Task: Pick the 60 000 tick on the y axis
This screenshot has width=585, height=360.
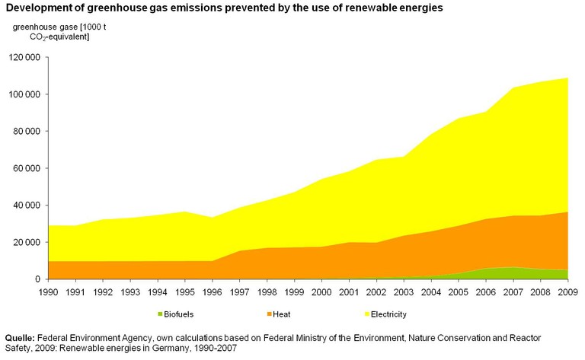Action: click(x=28, y=168)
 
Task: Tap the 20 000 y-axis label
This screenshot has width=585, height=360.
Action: click(x=28, y=242)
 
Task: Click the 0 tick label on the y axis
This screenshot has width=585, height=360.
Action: click(x=38, y=279)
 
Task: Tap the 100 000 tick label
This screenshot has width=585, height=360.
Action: click(x=26, y=94)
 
